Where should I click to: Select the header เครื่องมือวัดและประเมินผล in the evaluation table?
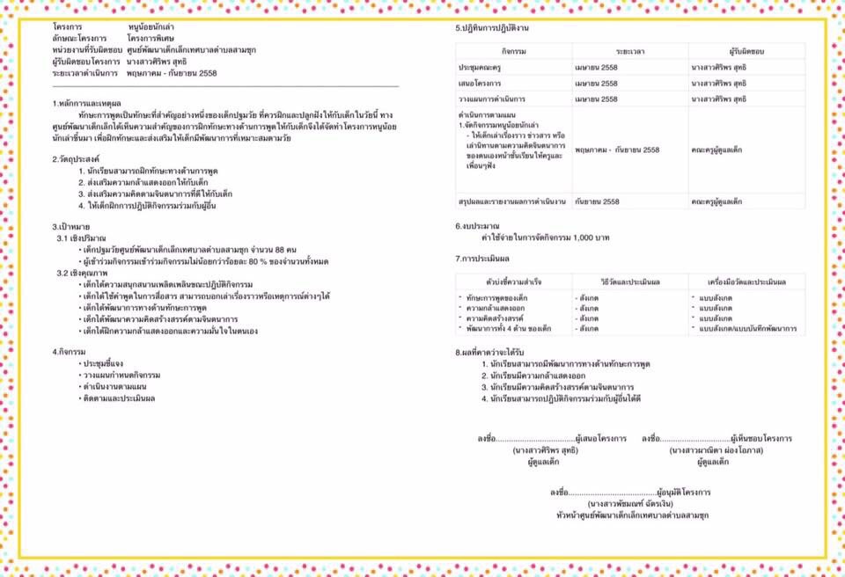tap(746, 281)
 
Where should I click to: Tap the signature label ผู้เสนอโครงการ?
tap(600, 438)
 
